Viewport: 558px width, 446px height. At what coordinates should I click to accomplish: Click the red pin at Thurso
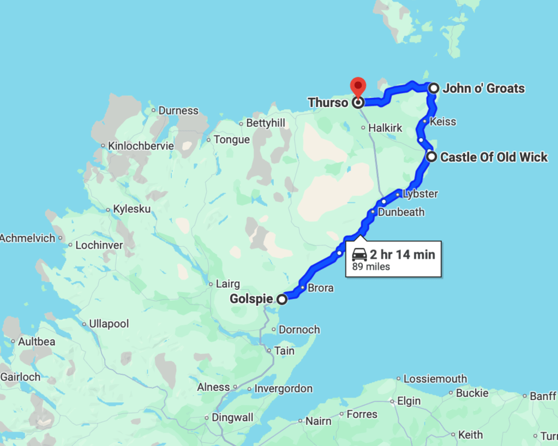pyautogui.click(x=357, y=86)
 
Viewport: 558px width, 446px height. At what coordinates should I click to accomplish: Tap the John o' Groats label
pyautogui.click(x=483, y=88)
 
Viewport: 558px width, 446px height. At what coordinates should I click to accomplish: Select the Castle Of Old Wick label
pyautogui.click(x=494, y=157)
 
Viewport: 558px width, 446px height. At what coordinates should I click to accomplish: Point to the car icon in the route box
pyautogui.click(x=359, y=254)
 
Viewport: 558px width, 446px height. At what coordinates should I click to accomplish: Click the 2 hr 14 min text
pyautogui.click(x=403, y=254)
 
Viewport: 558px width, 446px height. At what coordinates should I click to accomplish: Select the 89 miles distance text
pyautogui.click(x=371, y=267)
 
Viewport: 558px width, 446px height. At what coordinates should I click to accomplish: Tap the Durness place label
pyautogui.click(x=178, y=111)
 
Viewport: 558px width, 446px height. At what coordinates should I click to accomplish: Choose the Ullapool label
pyautogui.click(x=109, y=324)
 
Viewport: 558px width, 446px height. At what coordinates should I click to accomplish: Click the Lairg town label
pyautogui.click(x=227, y=284)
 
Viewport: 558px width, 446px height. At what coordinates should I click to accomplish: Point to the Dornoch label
pyautogui.click(x=299, y=330)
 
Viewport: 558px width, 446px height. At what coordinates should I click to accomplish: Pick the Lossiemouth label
pyautogui.click(x=435, y=379)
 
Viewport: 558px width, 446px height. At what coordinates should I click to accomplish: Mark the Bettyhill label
pyautogui.click(x=266, y=123)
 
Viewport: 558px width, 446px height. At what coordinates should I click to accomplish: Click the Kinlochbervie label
pyautogui.click(x=141, y=146)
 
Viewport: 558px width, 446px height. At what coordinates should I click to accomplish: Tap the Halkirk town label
pyautogui.click(x=385, y=128)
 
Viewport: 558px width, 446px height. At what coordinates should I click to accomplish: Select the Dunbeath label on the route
pyautogui.click(x=401, y=212)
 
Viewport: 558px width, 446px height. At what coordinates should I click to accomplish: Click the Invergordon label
pyautogui.click(x=284, y=389)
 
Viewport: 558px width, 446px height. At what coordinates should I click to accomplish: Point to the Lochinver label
pyautogui.click(x=99, y=245)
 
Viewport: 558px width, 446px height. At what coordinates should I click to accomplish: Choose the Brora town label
pyautogui.click(x=320, y=288)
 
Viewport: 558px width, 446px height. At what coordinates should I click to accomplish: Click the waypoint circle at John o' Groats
pyautogui.click(x=434, y=88)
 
